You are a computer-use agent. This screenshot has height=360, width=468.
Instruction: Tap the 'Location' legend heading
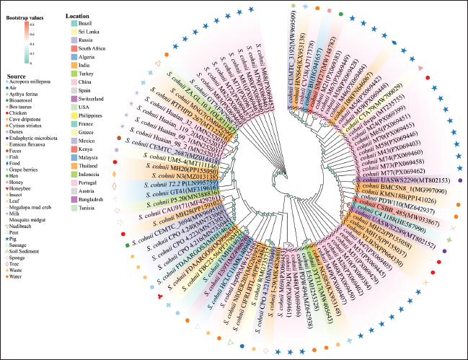[x=77, y=15]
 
